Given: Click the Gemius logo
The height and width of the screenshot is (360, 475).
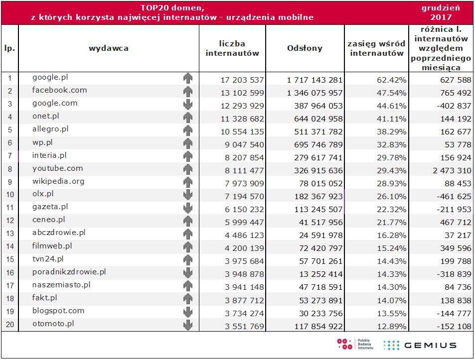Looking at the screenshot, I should point(420,345).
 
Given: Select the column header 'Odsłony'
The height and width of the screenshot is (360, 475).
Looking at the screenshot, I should point(305,48).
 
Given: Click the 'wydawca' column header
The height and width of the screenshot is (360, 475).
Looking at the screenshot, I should point(109,48).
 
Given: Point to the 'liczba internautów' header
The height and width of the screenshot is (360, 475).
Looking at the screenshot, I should point(232,48).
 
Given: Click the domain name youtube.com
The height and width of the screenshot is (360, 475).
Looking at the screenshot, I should point(58,168).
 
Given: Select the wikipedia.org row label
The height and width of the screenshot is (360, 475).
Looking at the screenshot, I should point(58,181).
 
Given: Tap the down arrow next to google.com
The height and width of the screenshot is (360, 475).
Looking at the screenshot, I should point(187,104).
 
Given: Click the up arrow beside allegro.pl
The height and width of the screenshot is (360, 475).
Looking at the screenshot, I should point(187,130).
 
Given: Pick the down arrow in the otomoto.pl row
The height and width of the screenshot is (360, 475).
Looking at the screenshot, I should point(187,325).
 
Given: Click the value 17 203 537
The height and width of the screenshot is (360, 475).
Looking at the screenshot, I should point(242,80).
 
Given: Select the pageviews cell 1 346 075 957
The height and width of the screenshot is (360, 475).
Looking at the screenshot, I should point(308,93).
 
